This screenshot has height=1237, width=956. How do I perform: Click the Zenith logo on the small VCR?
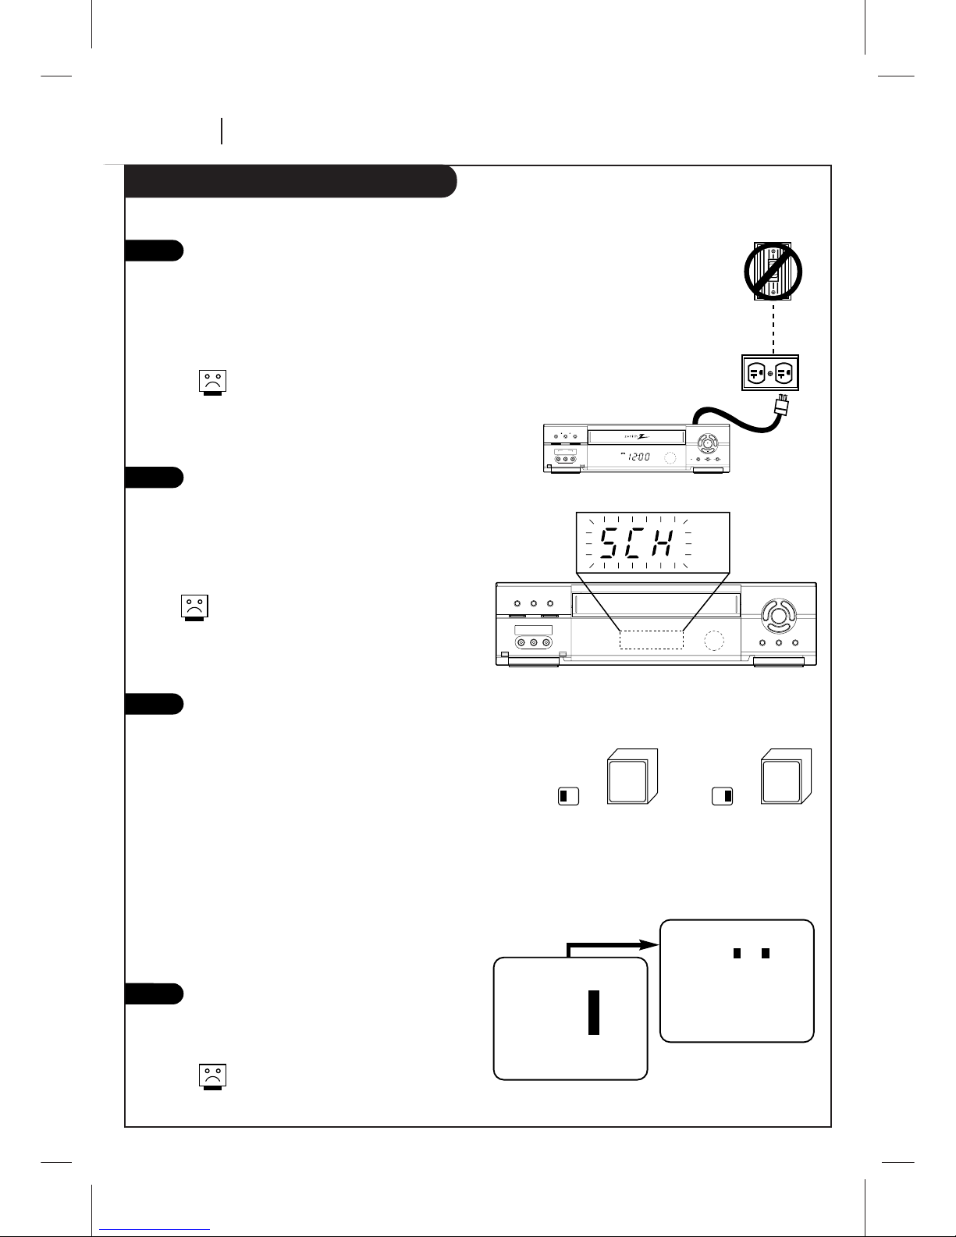(x=636, y=435)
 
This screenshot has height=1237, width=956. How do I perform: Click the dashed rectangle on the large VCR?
(x=652, y=639)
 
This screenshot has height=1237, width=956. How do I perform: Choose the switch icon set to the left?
(x=568, y=797)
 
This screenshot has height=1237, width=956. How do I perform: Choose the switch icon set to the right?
(x=723, y=797)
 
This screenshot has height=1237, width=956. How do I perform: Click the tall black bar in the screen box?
(x=594, y=1012)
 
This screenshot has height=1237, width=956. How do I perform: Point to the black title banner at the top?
(x=290, y=181)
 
